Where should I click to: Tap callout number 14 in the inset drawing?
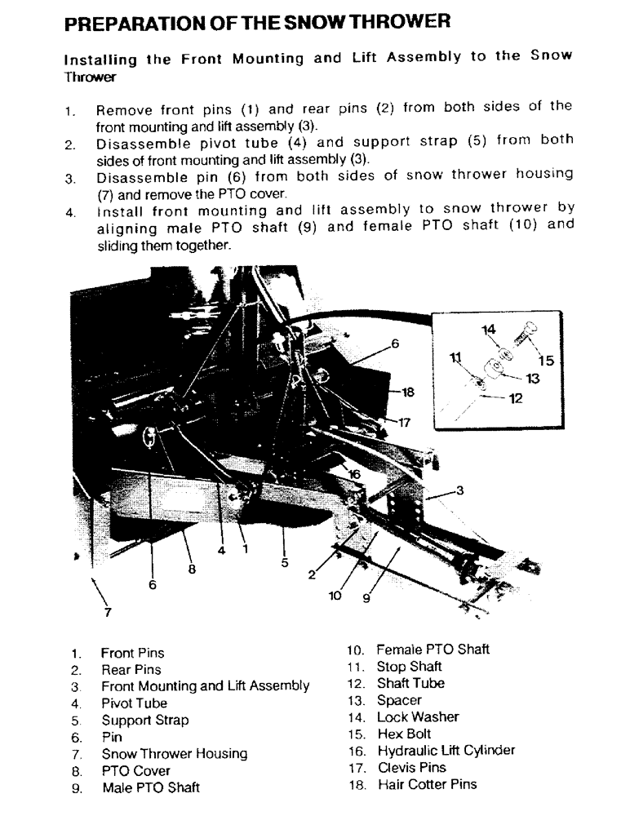point(489,329)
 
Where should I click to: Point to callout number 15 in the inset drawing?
point(544,359)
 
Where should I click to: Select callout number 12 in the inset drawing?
point(515,399)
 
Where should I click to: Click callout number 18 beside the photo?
point(408,392)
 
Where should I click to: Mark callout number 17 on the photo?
point(404,423)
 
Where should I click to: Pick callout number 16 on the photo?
point(354,473)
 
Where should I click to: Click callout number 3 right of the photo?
point(460,490)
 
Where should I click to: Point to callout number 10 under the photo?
point(335,596)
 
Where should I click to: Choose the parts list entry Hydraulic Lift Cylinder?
point(446,751)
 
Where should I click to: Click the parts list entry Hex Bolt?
point(403,734)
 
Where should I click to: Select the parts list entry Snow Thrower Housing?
point(174,754)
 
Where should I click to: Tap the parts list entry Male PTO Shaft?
point(150,788)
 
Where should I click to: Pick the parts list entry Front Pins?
point(132,653)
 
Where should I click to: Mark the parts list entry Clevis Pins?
point(410,768)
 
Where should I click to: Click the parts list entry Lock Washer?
point(417,717)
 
